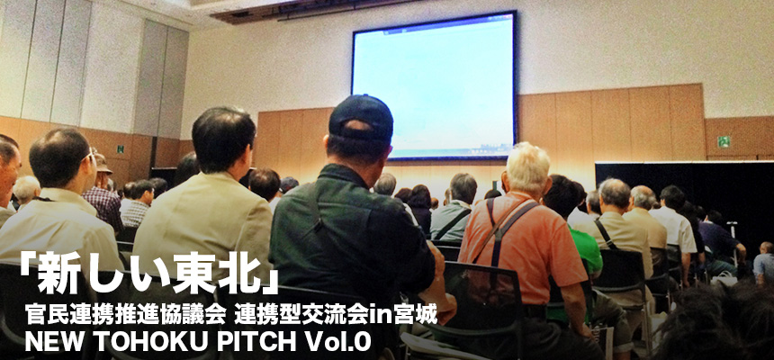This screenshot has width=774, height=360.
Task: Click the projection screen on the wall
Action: tap(434, 85)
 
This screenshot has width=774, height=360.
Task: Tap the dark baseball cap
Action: tap(361, 118)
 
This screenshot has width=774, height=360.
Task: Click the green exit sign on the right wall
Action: tap(724, 141)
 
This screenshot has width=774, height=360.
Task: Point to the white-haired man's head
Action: tap(526, 168)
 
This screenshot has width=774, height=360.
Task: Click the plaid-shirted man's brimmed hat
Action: tap(102, 164)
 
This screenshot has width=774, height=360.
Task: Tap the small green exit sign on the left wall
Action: tap(120, 148)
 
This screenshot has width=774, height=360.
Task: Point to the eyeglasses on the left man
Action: tap(89, 156)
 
